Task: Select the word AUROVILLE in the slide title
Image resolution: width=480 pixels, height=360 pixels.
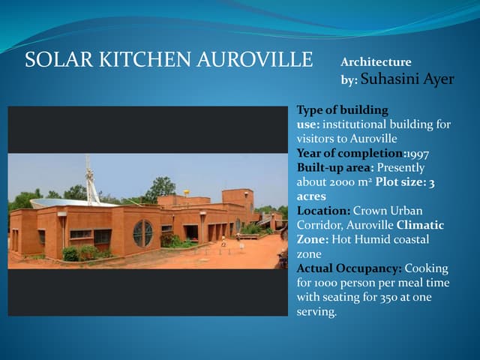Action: (x=254, y=61)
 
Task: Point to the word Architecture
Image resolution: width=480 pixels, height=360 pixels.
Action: (x=376, y=62)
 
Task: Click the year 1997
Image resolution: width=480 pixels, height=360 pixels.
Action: (x=418, y=154)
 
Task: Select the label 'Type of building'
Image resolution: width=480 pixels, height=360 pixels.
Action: (x=342, y=109)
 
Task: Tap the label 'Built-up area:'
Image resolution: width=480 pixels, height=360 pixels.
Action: (x=334, y=168)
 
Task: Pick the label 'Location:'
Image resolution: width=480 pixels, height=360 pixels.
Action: (x=323, y=211)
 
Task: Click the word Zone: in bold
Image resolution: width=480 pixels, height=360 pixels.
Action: (x=313, y=239)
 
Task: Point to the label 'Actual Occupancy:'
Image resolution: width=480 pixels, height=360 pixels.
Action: (x=349, y=268)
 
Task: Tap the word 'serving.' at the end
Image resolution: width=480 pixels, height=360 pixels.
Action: (x=317, y=311)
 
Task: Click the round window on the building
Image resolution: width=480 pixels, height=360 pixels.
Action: (x=142, y=233)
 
